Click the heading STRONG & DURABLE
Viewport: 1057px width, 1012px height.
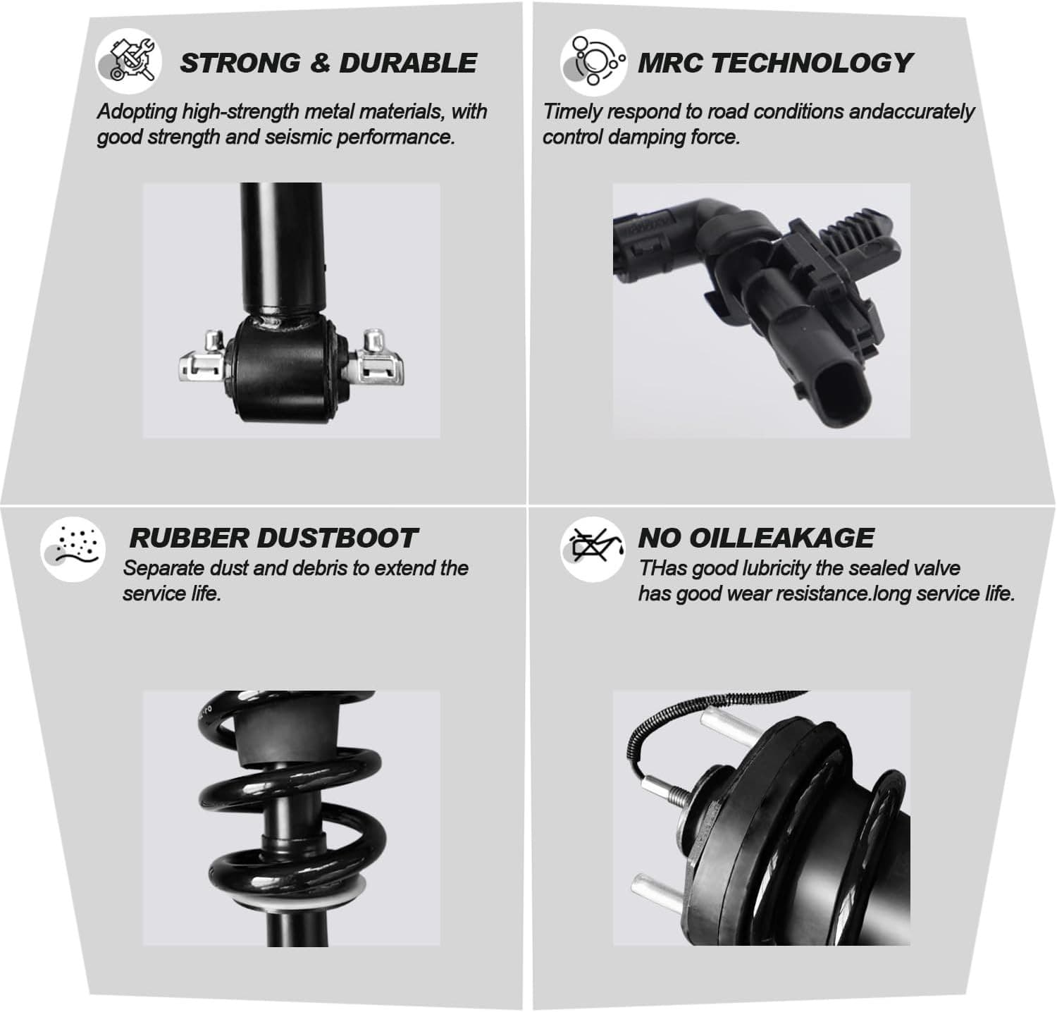[328, 63]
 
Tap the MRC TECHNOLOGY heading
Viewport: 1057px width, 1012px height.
[774, 63]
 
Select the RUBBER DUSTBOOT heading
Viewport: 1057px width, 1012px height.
[273, 538]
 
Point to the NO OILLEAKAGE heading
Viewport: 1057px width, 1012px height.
[755, 538]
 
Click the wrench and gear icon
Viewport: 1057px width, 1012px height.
[129, 62]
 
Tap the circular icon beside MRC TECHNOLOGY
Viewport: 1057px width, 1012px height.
[594, 62]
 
